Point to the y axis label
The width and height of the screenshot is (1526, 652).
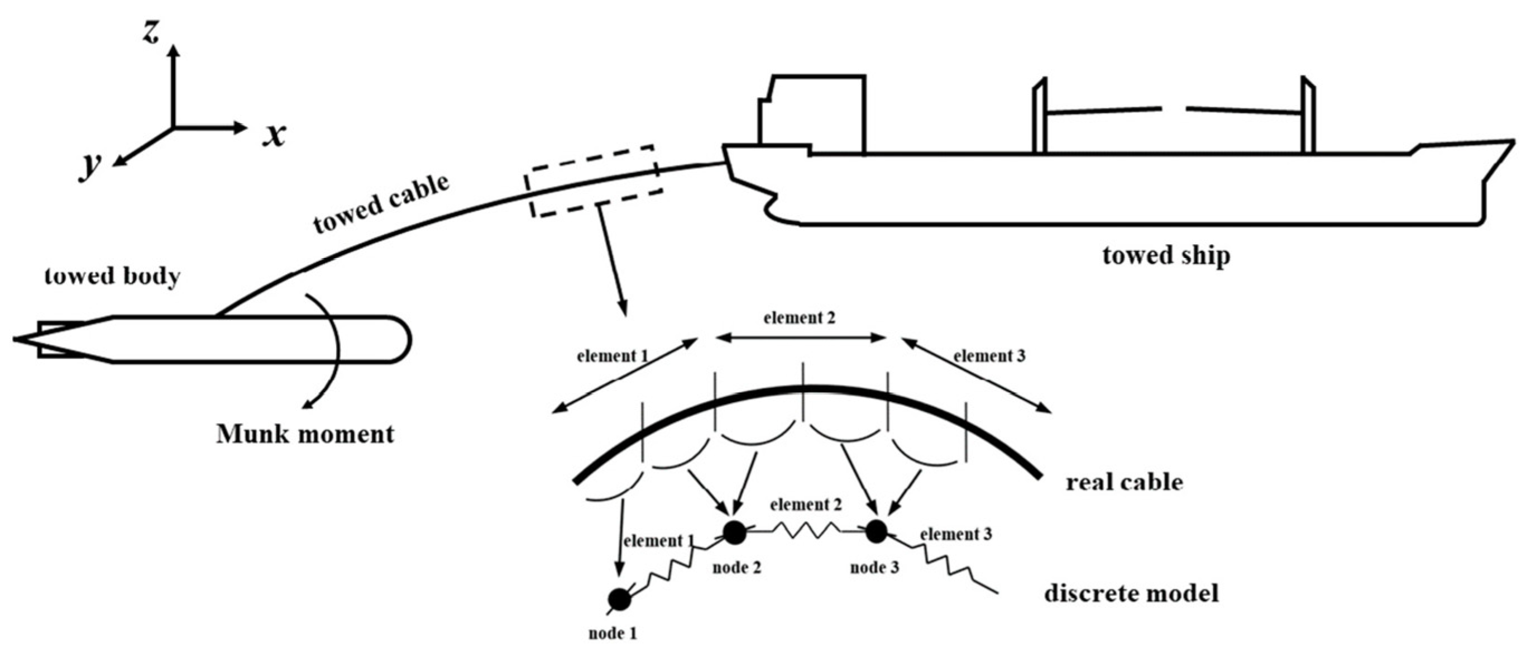(x=90, y=168)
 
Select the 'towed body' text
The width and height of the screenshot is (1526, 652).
(x=113, y=277)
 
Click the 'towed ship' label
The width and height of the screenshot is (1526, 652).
(x=1166, y=255)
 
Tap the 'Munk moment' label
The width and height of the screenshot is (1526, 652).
(x=305, y=434)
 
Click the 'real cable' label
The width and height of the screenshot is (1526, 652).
(x=1125, y=482)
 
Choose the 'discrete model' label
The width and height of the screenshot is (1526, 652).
(x=1131, y=593)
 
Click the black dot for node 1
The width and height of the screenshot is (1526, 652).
(x=620, y=599)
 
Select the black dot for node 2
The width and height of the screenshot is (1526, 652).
(x=735, y=532)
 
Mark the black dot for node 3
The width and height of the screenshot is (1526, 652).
(x=876, y=532)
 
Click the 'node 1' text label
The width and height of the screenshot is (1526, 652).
(x=613, y=634)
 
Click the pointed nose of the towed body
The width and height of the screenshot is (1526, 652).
(x=18, y=339)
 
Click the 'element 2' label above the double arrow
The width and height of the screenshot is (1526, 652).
(x=799, y=318)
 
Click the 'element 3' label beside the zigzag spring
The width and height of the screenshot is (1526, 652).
(x=955, y=534)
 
